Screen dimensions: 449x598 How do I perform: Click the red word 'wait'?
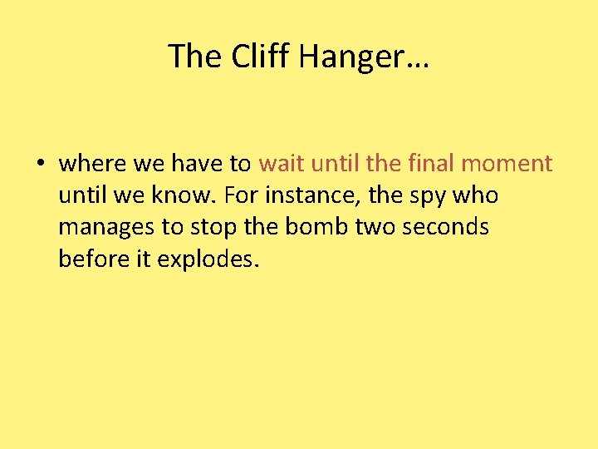[281, 163]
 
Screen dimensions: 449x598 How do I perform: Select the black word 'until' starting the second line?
[81, 195]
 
